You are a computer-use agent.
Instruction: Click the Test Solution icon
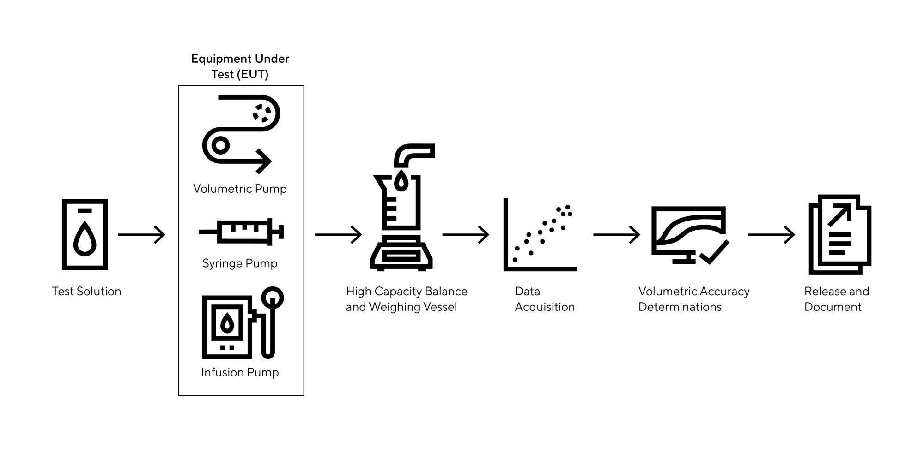[x=85, y=234]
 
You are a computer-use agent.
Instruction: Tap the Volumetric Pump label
[x=240, y=189]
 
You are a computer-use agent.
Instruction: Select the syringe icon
[x=241, y=231]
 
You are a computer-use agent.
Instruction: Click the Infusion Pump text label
[x=240, y=372]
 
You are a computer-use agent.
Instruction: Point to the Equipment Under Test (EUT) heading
[x=240, y=66]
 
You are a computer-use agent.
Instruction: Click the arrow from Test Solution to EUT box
[x=141, y=234]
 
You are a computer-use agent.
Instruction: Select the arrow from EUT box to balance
[x=338, y=234]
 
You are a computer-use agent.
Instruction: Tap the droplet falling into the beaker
[x=401, y=181]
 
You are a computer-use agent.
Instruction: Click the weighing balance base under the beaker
[x=401, y=254]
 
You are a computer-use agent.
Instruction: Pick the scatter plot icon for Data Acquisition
[x=540, y=235]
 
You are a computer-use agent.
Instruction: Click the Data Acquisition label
[x=545, y=299]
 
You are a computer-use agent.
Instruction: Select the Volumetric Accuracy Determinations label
[x=693, y=299]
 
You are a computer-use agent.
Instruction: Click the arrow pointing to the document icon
[x=771, y=234]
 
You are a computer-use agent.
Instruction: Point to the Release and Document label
[x=836, y=299]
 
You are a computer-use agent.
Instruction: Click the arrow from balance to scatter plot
[x=466, y=234]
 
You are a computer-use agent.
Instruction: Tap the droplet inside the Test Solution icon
[x=85, y=238]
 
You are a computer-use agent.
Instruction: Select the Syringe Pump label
[x=240, y=263]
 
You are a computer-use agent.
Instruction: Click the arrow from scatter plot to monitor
[x=616, y=234]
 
